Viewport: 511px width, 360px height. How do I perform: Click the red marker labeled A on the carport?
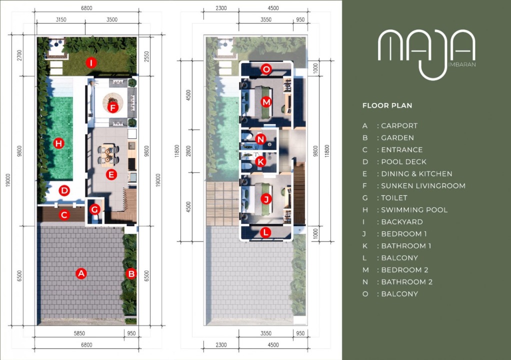(81, 273)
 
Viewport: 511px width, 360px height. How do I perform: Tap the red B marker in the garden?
(131, 273)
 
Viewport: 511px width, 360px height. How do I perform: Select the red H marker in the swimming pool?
(58, 143)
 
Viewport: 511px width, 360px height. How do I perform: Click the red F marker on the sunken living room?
(113, 107)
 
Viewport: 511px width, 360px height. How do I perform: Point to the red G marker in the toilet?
(95, 209)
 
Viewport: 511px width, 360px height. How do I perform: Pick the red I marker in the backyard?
(91, 62)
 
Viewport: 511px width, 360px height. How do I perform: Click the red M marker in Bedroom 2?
(266, 102)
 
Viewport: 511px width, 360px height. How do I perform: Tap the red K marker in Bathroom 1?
(260, 161)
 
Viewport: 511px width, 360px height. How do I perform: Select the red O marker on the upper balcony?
(266, 69)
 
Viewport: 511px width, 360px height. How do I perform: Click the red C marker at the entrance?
(64, 214)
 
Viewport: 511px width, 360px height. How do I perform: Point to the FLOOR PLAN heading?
(387, 105)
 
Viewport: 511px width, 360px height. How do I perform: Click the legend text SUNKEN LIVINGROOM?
(423, 185)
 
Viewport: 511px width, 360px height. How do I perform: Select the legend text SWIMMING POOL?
(414, 210)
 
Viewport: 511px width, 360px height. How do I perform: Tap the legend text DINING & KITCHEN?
(416, 173)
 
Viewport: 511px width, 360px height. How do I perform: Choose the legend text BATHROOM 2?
(406, 282)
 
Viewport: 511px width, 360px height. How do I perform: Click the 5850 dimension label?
(79, 333)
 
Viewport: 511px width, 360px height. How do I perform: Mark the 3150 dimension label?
(61, 19)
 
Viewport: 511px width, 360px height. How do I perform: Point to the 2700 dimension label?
(19, 55)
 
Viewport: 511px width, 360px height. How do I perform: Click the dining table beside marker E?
(108, 155)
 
